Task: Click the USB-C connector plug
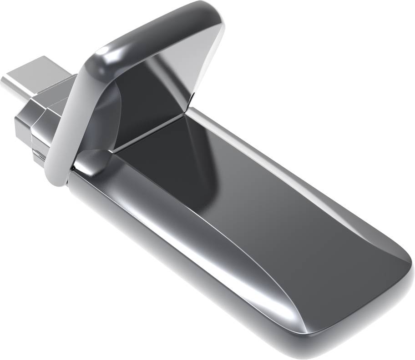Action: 36,77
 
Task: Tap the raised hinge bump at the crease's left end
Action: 91,161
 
